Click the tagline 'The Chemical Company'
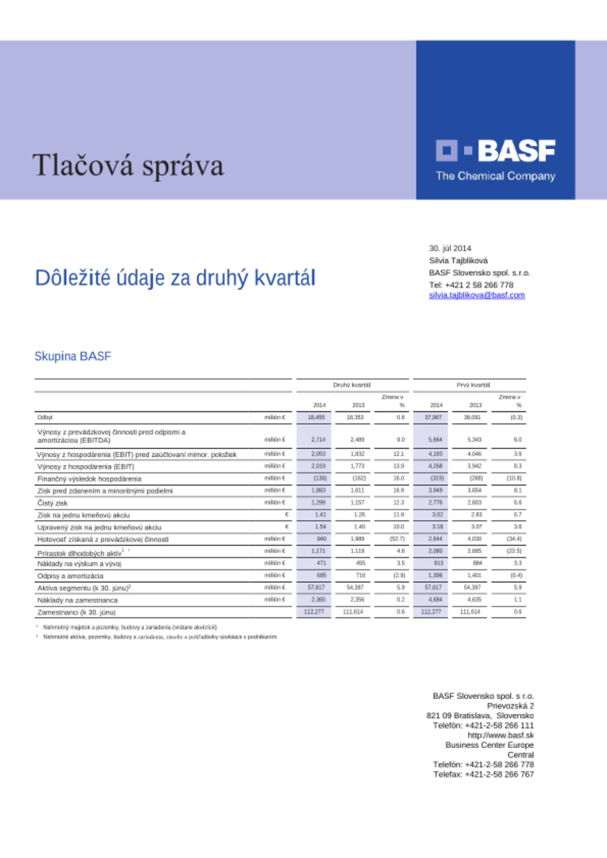(x=495, y=176)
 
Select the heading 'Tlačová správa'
(x=128, y=166)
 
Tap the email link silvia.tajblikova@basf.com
(x=476, y=295)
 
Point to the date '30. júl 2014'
(x=450, y=248)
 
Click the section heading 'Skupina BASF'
(x=73, y=356)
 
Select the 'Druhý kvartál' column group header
(x=352, y=385)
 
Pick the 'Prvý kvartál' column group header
(x=473, y=385)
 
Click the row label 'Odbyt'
(x=45, y=417)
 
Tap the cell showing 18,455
(x=316, y=417)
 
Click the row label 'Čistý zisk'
(x=52, y=503)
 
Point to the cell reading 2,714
(x=318, y=439)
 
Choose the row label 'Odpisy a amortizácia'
(x=70, y=576)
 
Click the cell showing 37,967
(x=433, y=417)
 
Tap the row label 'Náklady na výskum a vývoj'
(x=79, y=564)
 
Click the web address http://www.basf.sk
(x=501, y=735)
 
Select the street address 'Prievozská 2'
(x=510, y=706)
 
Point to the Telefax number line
(x=483, y=774)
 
